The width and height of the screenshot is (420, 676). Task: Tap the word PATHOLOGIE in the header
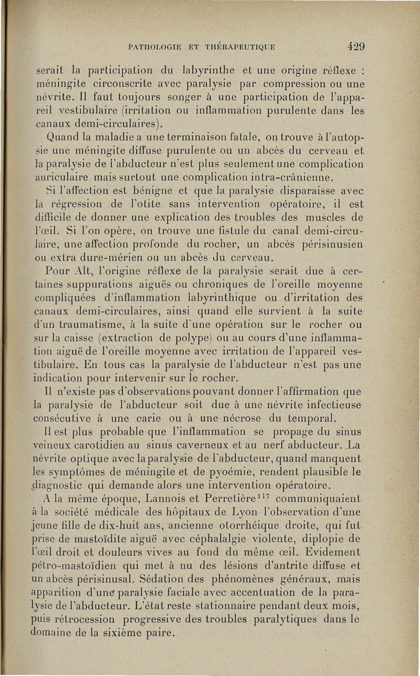(153, 47)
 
